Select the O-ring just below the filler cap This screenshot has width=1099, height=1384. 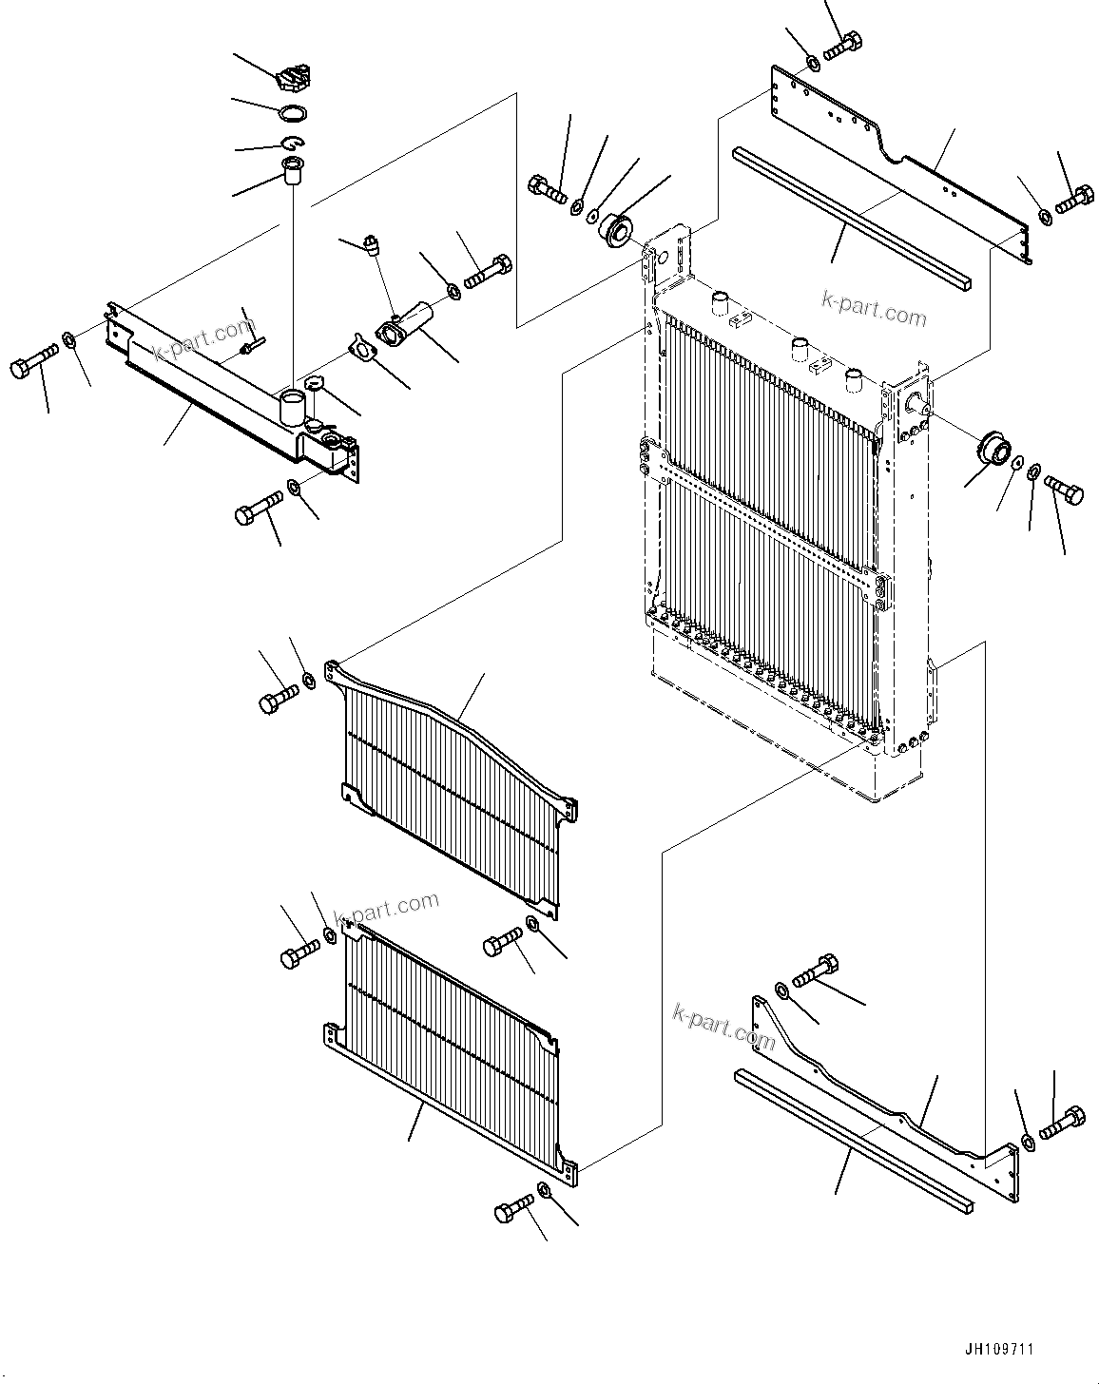294,113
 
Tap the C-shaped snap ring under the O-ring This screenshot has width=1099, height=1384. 293,144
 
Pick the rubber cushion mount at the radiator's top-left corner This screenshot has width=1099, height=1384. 616,230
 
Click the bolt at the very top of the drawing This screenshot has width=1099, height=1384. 843,45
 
